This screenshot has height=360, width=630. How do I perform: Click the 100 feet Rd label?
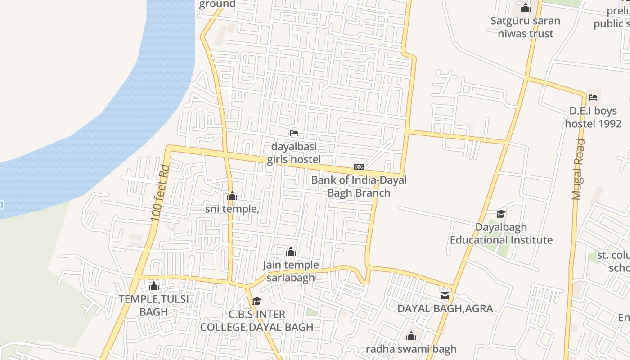pyautogui.click(x=160, y=193)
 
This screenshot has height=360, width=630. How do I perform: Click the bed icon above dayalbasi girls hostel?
pyautogui.click(x=294, y=133)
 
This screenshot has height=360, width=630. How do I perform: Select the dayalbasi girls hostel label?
pyautogui.click(x=294, y=153)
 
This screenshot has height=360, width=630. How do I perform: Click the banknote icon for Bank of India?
pyautogui.click(x=359, y=167)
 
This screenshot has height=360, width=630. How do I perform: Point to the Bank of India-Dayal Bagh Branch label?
pyautogui.click(x=359, y=186)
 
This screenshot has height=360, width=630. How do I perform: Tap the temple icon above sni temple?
pyautogui.click(x=232, y=196)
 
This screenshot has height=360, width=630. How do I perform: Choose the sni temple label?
pyautogui.click(x=232, y=209)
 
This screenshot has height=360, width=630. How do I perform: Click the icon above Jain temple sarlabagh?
pyautogui.click(x=291, y=252)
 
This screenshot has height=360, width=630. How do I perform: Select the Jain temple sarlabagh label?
pyautogui.click(x=291, y=271)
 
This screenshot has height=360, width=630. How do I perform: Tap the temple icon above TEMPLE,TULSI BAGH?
pyautogui.click(x=154, y=286)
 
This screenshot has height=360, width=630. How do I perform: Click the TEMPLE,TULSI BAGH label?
pyautogui.click(x=154, y=305)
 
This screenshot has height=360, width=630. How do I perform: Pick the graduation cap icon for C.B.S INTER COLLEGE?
pyautogui.click(x=256, y=301)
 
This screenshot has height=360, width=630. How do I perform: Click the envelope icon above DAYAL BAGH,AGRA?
pyautogui.click(x=445, y=296)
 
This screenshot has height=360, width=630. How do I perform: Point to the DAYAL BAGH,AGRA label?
pyautogui.click(x=445, y=309)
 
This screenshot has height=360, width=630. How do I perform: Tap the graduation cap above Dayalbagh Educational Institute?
pyautogui.click(x=501, y=214)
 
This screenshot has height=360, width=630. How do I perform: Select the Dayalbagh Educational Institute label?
pyautogui.click(x=501, y=233)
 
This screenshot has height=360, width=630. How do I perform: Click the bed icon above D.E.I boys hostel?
pyautogui.click(x=593, y=97)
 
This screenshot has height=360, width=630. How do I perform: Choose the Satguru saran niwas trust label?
pyautogui.click(x=525, y=27)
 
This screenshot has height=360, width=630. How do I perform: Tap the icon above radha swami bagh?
pyautogui.click(x=411, y=336)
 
